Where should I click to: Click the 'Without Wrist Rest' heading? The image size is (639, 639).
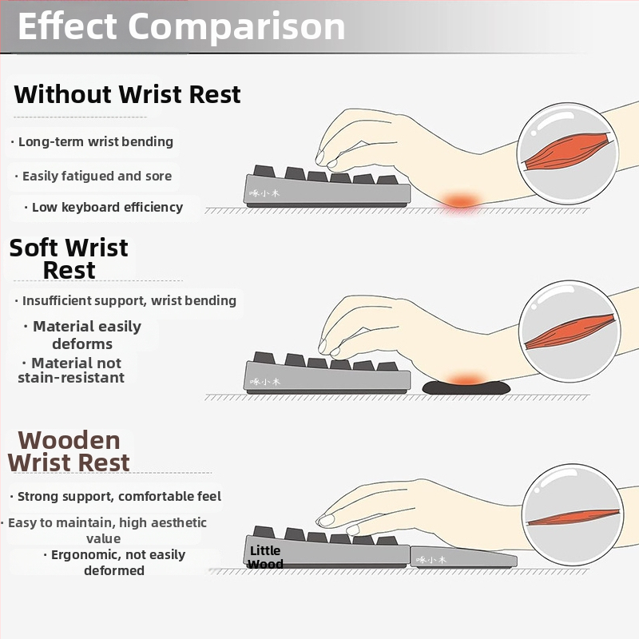(127, 94)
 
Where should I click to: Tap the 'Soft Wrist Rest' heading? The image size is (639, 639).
(69, 258)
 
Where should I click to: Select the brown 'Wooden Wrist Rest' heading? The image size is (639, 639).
(69, 450)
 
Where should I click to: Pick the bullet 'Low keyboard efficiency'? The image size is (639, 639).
(107, 207)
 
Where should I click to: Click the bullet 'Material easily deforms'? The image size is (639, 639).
(86, 335)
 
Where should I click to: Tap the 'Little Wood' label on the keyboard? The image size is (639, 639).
(265, 557)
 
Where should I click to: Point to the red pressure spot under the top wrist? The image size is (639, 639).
(461, 200)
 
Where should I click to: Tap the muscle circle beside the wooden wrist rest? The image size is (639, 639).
(574, 516)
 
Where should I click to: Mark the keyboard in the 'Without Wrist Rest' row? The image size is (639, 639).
(326, 189)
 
